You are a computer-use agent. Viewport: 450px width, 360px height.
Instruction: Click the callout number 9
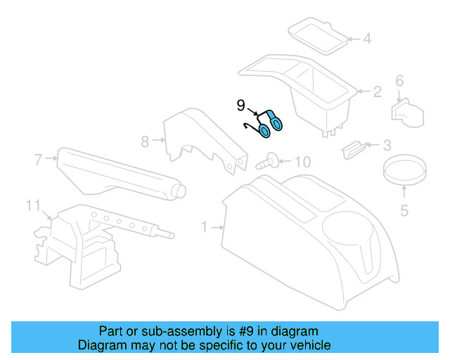coord(240,106)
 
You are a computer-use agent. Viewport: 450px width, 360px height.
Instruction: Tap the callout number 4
coord(366,39)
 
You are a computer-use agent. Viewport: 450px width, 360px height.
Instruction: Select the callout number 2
coord(377,91)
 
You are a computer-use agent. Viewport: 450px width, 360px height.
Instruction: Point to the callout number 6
coord(399,81)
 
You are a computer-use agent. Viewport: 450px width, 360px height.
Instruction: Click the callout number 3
coord(387,146)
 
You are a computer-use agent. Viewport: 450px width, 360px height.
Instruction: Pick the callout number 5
coord(404,210)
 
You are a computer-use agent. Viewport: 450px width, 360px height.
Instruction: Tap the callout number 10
coord(301,162)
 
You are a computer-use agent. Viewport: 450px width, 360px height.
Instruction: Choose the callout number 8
coord(145,141)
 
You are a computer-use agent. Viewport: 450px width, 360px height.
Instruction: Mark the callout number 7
coord(39,160)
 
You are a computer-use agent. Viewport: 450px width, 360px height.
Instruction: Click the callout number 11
coord(32,205)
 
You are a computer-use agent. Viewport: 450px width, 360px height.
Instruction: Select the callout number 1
coord(205,227)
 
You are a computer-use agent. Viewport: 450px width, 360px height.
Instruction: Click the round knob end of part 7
coord(179,190)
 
